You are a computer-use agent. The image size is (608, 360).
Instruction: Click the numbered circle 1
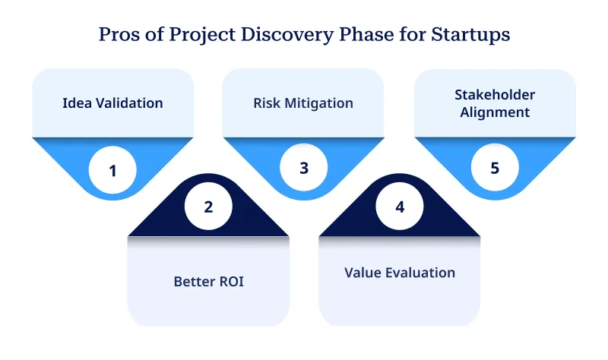[112, 171]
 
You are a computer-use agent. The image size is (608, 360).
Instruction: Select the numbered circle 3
[303, 168]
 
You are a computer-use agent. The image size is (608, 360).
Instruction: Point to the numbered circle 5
[495, 168]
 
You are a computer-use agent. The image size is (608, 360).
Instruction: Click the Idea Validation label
[112, 103]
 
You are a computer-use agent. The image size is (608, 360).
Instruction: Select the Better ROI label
[208, 281]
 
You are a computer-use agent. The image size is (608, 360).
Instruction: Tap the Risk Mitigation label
[303, 103]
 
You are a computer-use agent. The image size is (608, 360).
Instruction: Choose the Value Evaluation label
[400, 272]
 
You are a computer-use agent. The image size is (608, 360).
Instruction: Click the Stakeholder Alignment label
[495, 103]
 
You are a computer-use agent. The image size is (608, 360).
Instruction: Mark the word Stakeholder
[495, 95]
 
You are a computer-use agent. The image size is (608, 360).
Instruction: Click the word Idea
[76, 103]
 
